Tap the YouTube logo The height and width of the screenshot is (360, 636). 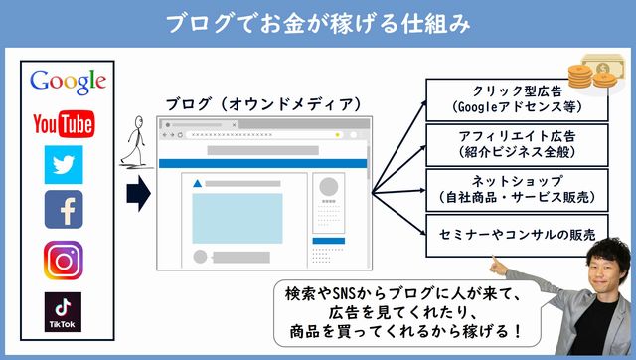tap(64, 123)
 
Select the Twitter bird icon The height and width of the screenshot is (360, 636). tap(64, 164)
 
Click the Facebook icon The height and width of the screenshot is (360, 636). tap(64, 209)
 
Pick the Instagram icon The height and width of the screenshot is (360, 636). tap(64, 259)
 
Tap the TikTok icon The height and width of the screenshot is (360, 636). tap(64, 310)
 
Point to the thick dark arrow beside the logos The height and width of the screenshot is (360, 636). tap(140, 194)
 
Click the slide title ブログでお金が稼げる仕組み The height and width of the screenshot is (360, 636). tap(317, 21)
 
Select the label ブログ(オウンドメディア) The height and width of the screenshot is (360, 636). tap(262, 103)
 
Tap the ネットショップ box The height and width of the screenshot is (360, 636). tap(517, 189)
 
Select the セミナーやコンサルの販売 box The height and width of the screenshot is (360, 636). tap(517, 235)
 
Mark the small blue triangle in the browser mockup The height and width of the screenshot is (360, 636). tap(198, 184)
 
